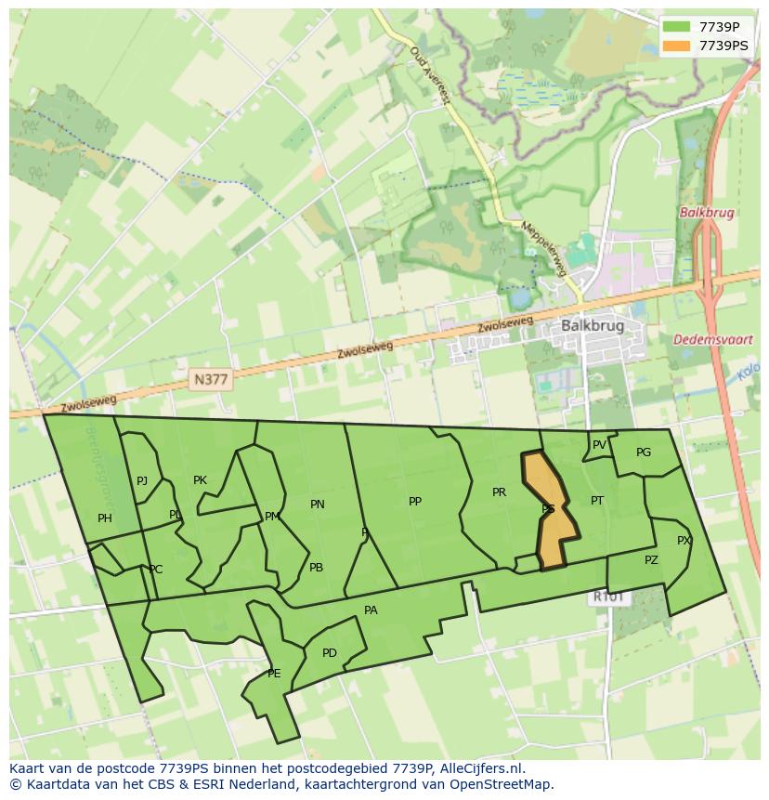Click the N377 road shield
coord(211,379)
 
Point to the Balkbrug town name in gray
coord(592,326)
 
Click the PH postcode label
coord(105,518)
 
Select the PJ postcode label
coord(142,481)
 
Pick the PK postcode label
coord(200,480)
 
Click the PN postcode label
coord(318,505)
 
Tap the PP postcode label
coord(415,502)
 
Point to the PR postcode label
coord(499,492)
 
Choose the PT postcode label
coord(597,501)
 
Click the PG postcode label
coord(644,452)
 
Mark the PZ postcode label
coord(651,560)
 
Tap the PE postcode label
coord(274,674)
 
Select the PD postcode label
coord(330,653)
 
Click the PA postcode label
coord(371,610)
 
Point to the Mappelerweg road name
coord(543,249)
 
